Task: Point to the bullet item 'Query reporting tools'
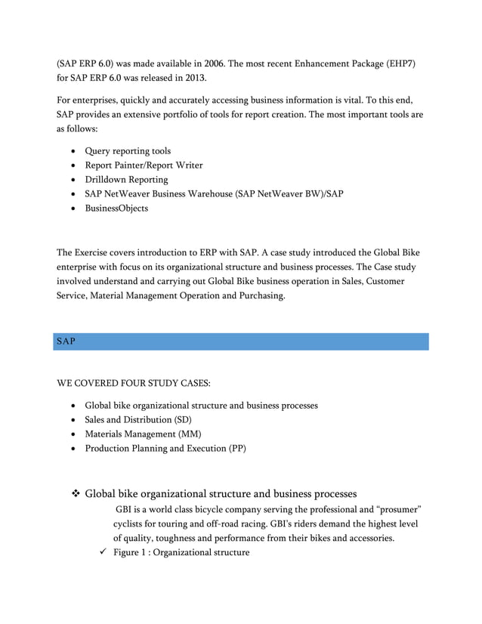tap(128, 151)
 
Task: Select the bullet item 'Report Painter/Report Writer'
tap(144, 165)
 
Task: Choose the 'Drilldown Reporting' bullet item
tap(126, 180)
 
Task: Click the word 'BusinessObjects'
tap(116, 208)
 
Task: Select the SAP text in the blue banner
tap(66, 342)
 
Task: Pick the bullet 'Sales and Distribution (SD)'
tap(138, 419)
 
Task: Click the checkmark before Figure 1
tap(94, 552)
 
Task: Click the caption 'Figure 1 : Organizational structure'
tap(181, 552)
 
